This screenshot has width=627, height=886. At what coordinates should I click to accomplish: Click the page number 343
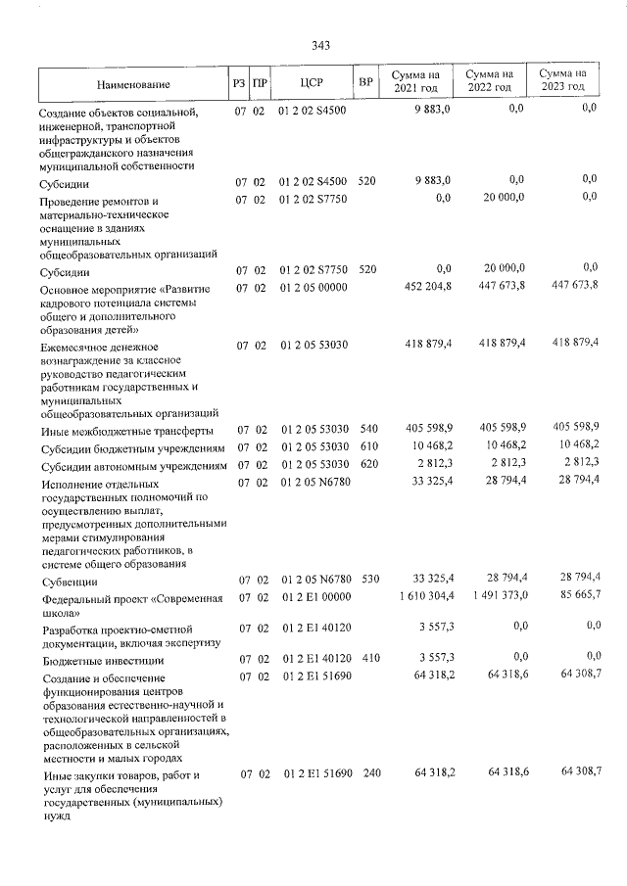tap(320, 45)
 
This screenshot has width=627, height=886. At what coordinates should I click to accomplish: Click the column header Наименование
tap(133, 85)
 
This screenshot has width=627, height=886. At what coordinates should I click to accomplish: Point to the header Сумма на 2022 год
tap(489, 80)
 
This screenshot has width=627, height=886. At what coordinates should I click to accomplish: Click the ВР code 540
tap(367, 429)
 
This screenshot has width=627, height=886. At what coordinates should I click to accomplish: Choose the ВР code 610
tap(367, 446)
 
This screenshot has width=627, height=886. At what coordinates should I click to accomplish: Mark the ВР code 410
tap(367, 659)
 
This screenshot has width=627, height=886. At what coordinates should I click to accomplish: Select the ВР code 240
tap(367, 774)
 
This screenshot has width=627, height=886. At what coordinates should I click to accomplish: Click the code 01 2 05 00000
tap(313, 287)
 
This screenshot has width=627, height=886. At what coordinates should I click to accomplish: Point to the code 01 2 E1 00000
tap(313, 595)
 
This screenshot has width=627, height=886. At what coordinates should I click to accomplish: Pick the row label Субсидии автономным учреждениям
tap(132, 466)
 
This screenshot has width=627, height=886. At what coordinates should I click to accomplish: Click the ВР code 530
tap(367, 580)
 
